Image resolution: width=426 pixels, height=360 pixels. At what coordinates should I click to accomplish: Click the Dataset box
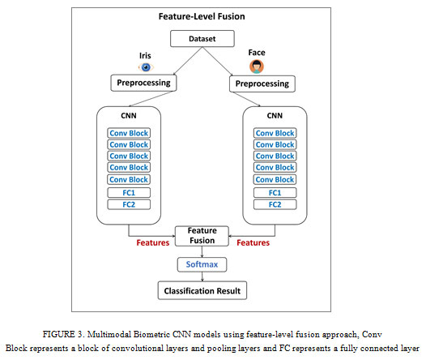202,39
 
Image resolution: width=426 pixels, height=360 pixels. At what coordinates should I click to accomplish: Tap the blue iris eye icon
146,66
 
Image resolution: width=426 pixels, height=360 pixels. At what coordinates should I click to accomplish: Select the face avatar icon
257,66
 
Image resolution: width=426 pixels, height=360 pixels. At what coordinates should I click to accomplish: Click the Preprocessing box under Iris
143,83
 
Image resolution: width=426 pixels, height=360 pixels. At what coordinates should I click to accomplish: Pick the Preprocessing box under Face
262,84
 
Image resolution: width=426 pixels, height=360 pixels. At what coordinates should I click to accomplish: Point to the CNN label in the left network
129,116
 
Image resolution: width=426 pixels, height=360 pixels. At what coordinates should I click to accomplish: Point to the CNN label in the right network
275,116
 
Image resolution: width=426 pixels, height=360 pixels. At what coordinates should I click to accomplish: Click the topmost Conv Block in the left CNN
129,133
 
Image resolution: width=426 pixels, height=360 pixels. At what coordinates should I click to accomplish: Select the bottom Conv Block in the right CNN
275,179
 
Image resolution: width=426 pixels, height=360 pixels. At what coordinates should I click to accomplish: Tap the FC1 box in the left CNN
129,193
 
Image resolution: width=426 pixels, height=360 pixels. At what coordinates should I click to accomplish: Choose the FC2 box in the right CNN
275,204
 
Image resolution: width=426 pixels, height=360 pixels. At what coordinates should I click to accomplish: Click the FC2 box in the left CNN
129,204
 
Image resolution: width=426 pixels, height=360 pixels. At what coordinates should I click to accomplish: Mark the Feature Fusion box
202,236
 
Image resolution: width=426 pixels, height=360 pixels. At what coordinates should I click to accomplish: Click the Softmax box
202,264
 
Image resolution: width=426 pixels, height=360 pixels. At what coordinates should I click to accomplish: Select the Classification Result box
202,290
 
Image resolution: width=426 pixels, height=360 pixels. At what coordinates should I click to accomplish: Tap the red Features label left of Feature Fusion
153,242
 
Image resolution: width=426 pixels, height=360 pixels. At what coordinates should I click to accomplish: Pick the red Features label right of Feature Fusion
253,242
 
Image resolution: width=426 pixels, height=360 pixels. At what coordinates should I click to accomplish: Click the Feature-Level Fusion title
202,16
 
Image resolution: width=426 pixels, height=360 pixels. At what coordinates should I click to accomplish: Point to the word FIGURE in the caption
58,334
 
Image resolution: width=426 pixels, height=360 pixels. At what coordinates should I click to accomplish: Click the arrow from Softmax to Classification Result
202,276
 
